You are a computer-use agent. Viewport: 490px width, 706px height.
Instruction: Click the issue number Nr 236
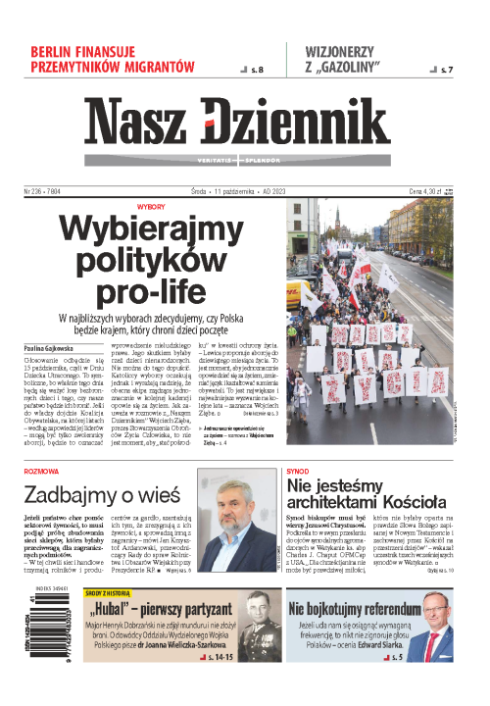36,192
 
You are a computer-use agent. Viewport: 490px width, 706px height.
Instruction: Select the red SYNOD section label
299,471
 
